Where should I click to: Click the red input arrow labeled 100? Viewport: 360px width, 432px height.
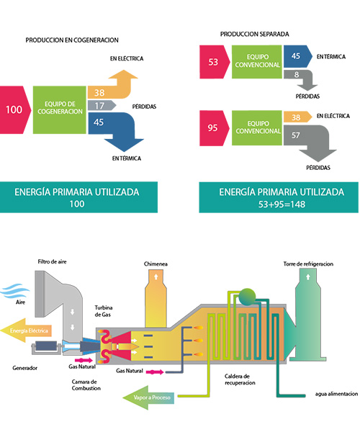pos(14,109)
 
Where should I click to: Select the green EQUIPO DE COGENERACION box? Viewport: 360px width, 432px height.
pos(60,109)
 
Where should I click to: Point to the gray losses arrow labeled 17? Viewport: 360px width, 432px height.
pos(102,106)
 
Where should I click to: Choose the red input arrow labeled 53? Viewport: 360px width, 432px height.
pos(215,62)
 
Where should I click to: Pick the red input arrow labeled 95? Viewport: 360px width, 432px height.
pos(214,128)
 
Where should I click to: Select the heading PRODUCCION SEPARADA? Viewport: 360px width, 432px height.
pos(254,34)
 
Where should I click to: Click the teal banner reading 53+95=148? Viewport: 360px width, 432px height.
pos(279,197)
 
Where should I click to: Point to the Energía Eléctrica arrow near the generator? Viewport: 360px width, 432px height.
pos(26,330)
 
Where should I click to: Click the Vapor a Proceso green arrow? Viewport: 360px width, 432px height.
pos(148,397)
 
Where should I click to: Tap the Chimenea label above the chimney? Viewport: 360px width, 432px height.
pos(156,264)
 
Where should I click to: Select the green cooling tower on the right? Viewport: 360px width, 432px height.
pos(308,315)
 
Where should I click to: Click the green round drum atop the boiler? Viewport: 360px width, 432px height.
pos(248,297)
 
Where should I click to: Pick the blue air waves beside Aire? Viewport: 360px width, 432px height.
pos(15,291)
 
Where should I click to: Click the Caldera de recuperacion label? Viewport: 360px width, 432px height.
pos(240,379)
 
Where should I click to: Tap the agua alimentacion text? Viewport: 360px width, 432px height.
pos(336,394)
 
